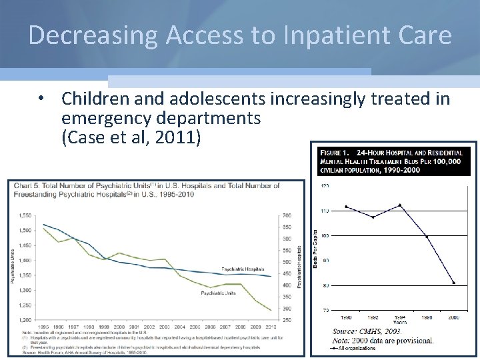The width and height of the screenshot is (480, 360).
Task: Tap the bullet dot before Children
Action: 41,99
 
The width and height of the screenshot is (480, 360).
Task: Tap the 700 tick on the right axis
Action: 286,216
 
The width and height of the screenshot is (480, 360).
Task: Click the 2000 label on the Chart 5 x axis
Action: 119,327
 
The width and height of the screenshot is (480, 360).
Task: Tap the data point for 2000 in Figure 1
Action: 454,283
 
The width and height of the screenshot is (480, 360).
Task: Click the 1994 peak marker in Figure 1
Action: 399,205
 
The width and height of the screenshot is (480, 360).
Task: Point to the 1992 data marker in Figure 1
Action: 373,217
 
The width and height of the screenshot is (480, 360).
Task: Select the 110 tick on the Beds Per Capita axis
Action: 324,211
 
